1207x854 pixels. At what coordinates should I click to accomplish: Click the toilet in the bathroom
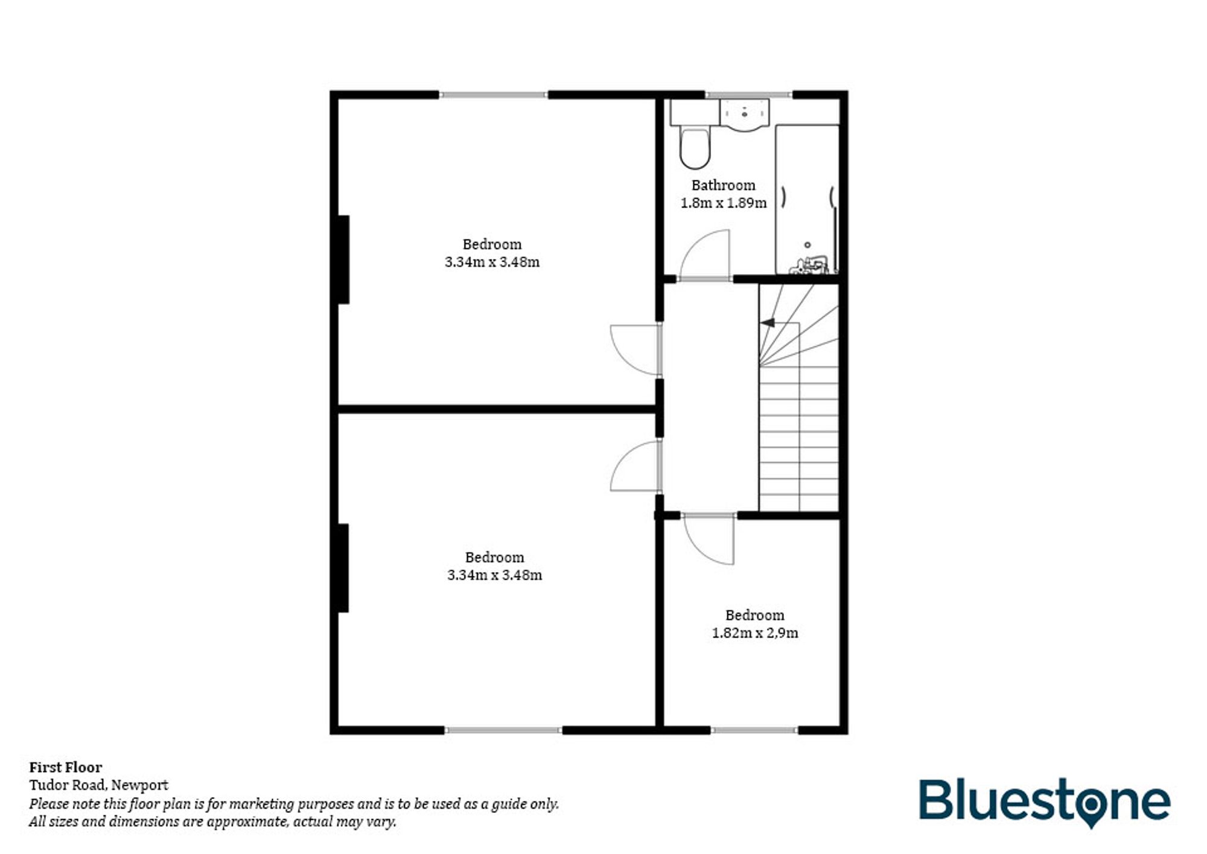pyautogui.click(x=695, y=148)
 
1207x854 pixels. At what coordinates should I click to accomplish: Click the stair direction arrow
pyautogui.click(x=768, y=323)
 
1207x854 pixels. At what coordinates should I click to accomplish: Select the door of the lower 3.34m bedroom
pyautogui.click(x=635, y=467)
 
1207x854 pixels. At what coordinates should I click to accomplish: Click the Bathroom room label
pyautogui.click(x=723, y=185)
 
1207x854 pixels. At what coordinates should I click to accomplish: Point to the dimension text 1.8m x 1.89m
pyautogui.click(x=723, y=203)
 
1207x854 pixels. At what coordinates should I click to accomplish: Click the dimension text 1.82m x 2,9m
pyautogui.click(x=754, y=633)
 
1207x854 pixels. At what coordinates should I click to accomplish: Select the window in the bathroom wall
pyautogui.click(x=748, y=95)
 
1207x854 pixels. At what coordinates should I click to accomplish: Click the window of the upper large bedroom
pyautogui.click(x=492, y=95)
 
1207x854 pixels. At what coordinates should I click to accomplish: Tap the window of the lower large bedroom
pyautogui.click(x=503, y=730)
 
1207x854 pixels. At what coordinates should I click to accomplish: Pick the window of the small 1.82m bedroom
pyautogui.click(x=754, y=730)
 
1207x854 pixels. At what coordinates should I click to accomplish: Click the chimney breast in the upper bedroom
pyautogui.click(x=343, y=260)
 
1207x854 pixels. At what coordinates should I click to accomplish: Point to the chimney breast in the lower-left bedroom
pyautogui.click(x=343, y=568)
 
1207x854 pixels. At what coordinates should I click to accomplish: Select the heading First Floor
pyautogui.click(x=66, y=767)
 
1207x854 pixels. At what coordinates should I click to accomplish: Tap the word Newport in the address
pyautogui.click(x=139, y=785)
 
